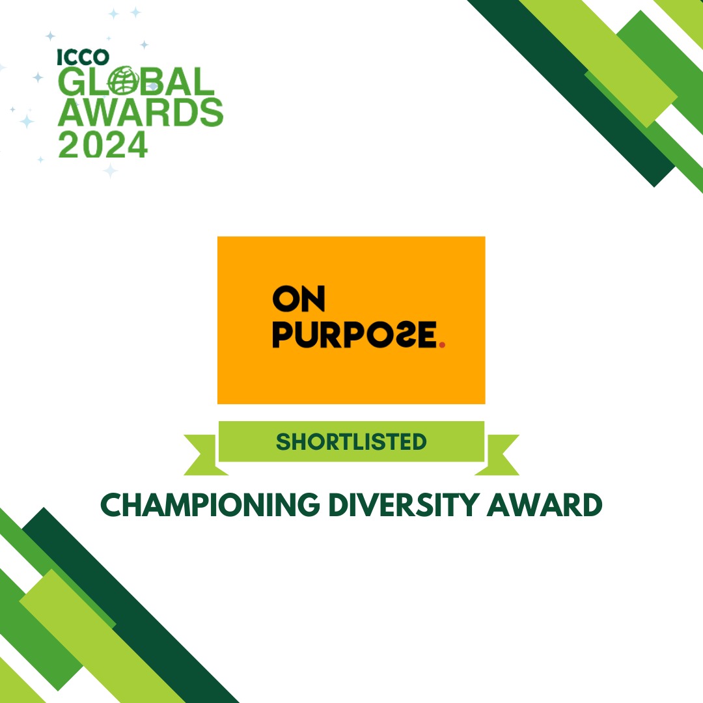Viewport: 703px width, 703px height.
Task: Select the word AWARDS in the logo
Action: (x=141, y=113)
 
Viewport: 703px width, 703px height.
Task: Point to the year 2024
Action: (x=103, y=144)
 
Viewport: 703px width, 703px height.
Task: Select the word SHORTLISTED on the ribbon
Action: (x=351, y=442)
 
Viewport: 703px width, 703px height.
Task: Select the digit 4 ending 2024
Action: (x=135, y=144)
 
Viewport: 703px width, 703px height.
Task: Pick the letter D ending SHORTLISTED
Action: (x=419, y=442)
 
